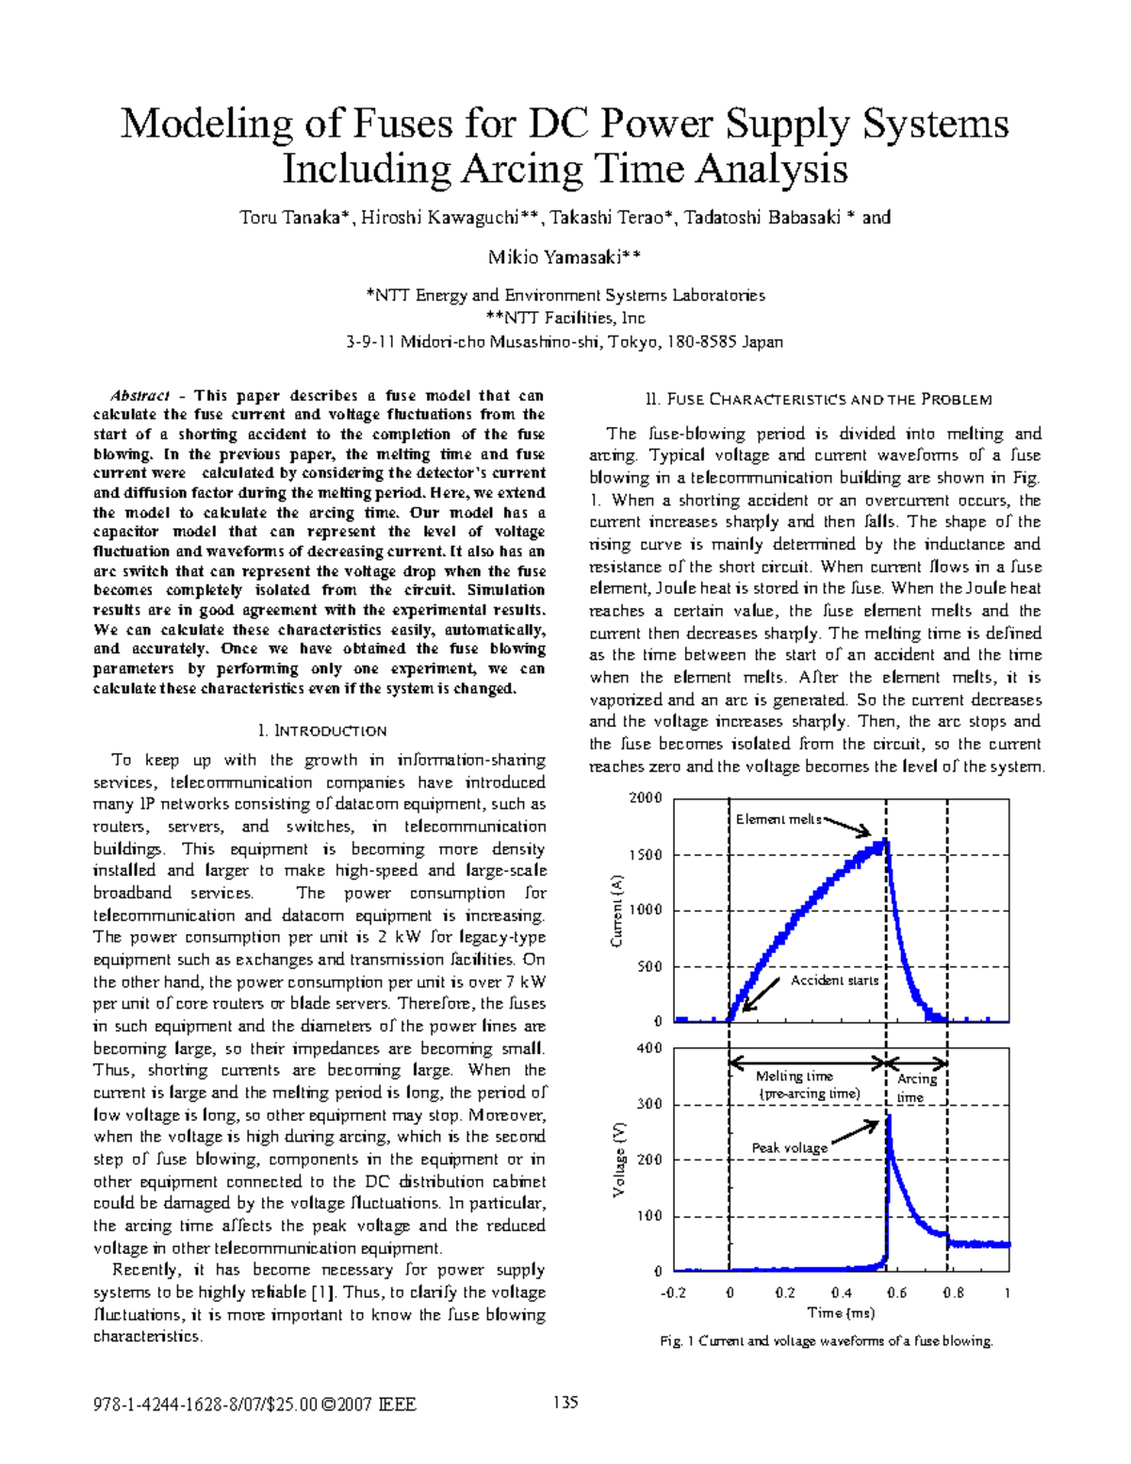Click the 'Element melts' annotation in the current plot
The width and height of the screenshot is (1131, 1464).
(x=779, y=819)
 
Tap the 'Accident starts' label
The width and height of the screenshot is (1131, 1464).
(x=834, y=980)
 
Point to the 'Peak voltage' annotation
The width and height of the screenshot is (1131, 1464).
(x=790, y=1147)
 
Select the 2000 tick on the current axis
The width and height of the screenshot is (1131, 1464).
(x=646, y=798)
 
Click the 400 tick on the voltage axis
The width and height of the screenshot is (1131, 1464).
(x=649, y=1048)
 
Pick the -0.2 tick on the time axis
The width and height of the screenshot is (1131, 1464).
(x=673, y=1292)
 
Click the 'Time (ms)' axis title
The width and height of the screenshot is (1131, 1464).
(x=841, y=1312)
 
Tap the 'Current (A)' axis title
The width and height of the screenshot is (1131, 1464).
(x=617, y=911)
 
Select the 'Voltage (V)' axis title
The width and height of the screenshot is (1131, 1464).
(x=619, y=1160)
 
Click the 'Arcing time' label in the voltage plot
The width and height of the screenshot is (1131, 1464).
(x=916, y=1088)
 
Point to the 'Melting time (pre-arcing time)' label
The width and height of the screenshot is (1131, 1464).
(x=809, y=1085)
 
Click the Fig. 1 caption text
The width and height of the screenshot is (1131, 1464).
(x=827, y=1341)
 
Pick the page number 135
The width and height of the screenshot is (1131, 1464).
(x=565, y=1402)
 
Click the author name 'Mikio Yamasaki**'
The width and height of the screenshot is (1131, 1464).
(x=565, y=257)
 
